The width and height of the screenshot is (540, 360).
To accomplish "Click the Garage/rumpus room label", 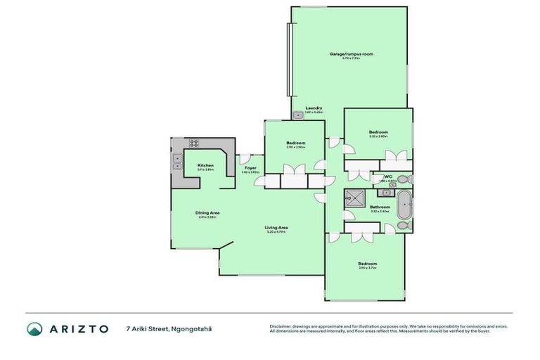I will pos(351,54).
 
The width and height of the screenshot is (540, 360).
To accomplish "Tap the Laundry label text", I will pos(314,108).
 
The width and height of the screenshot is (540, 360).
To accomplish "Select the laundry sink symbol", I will pos(297,115).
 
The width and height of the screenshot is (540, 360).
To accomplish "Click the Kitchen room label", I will pos(205,165).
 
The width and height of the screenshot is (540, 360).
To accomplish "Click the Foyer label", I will pos(250,168).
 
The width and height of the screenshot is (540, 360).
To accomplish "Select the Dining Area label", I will pos(207,213).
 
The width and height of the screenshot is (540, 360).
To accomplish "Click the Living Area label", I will pos(276,227).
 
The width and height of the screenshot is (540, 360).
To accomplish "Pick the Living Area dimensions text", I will pos(276,232).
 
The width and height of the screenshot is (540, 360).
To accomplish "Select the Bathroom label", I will pos(380,207).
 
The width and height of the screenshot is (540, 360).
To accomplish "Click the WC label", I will pos(387,176).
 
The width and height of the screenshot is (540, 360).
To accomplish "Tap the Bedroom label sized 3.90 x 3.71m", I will pos(367,264).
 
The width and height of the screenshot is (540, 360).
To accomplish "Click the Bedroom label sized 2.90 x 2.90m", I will pos(295,143).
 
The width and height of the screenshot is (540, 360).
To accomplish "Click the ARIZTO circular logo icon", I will pos(34,329).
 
